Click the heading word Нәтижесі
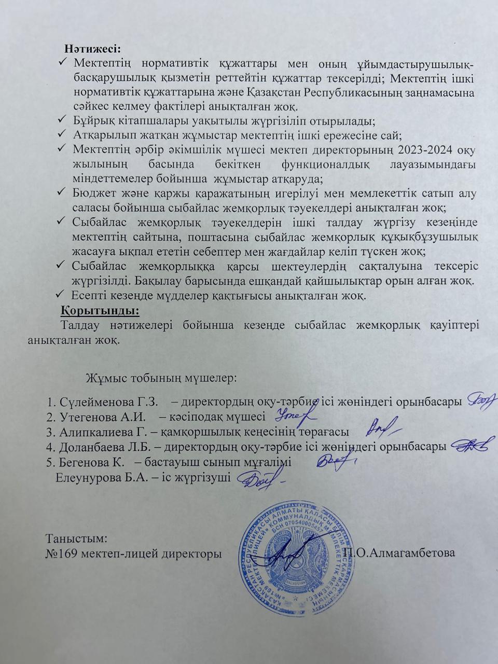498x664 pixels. click(92, 49)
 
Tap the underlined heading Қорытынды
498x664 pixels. click(100, 311)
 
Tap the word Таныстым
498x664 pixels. click(77, 538)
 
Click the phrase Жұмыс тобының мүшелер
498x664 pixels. click(161, 377)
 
